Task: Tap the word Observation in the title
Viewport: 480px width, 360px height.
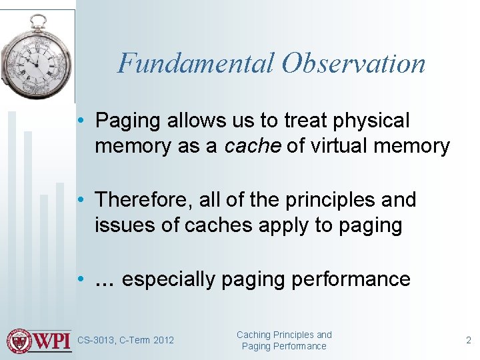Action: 353,63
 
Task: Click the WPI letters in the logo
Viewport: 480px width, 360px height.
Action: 53,341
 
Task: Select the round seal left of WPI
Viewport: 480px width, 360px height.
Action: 20,341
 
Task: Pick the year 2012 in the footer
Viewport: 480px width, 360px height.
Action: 163,341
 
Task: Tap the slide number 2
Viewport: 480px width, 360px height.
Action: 468,341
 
